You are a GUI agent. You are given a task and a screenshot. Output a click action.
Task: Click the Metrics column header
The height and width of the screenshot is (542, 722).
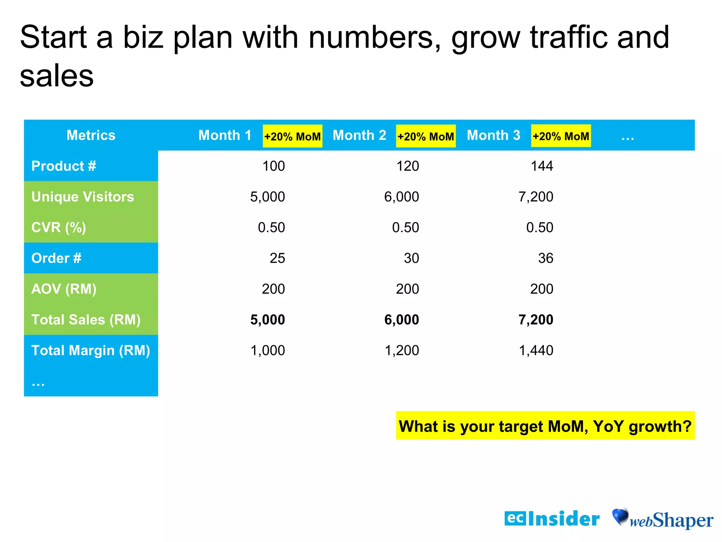[x=91, y=135]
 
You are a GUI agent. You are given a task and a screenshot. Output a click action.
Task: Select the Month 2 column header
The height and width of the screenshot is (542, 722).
[x=359, y=135]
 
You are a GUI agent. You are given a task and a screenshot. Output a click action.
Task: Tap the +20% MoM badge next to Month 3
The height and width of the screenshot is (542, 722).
[x=561, y=136]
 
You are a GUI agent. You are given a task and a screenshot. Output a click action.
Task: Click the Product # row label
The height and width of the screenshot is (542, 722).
[x=64, y=166]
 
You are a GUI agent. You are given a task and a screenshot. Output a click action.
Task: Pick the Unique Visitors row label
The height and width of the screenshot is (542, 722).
[x=82, y=197]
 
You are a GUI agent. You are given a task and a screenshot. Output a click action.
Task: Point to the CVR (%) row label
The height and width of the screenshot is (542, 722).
[x=59, y=227]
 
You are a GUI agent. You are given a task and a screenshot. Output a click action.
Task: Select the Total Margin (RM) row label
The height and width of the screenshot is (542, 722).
[x=91, y=350]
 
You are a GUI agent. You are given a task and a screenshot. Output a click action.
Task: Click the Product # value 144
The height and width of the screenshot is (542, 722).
[x=542, y=166]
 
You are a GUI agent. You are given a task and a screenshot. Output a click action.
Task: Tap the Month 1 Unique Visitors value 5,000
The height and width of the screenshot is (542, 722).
[x=267, y=197]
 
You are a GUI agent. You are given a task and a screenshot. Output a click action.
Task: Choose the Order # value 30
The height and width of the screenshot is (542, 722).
[x=411, y=258]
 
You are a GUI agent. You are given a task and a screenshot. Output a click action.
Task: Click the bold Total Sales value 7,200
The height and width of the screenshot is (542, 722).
[x=536, y=320]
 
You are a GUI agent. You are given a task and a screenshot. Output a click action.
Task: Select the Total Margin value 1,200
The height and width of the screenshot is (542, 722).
[x=402, y=350]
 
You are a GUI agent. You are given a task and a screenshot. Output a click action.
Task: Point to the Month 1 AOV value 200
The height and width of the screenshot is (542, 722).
[x=273, y=289]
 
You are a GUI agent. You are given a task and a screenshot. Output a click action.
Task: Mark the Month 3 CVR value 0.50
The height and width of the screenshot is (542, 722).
[x=539, y=227]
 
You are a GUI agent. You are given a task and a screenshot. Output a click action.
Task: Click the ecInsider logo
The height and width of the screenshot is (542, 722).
[x=552, y=519]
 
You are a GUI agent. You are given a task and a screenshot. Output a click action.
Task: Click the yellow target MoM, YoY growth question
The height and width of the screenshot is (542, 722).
[x=545, y=426]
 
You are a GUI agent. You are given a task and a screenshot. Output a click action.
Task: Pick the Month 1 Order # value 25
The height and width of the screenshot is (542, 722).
[x=277, y=258]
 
